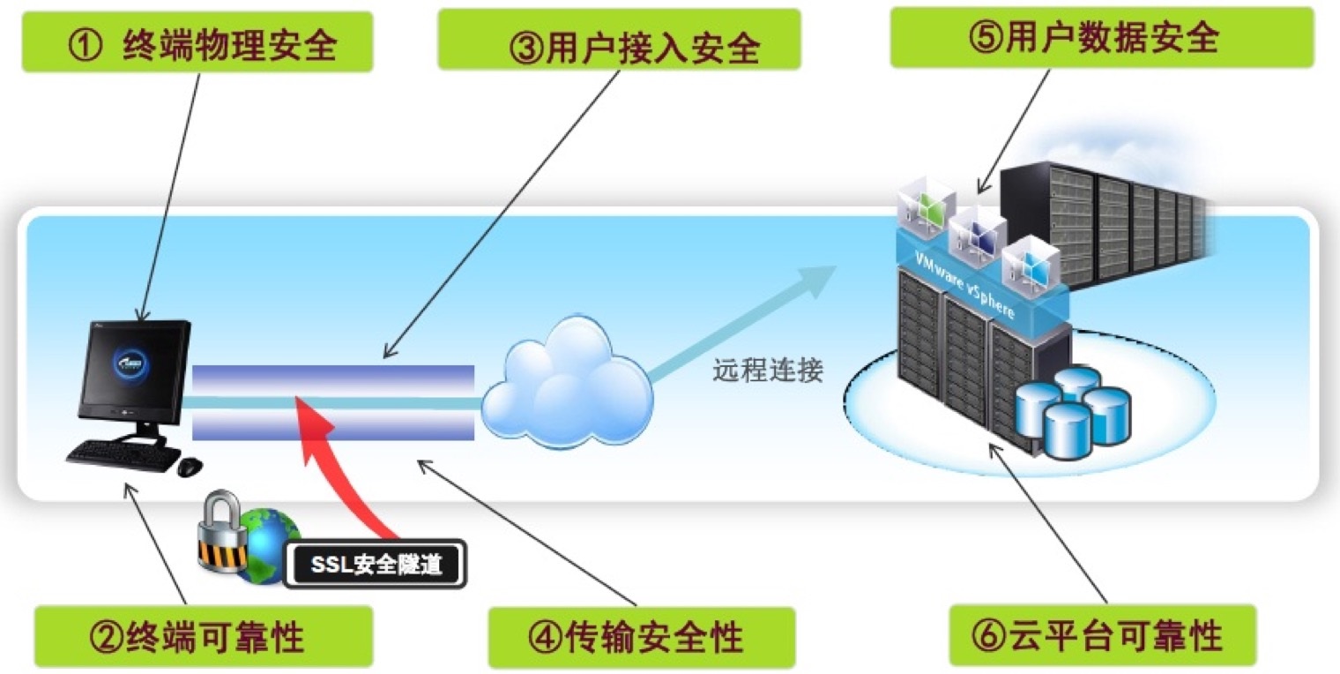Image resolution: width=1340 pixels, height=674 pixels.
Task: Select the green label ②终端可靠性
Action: [x=202, y=635]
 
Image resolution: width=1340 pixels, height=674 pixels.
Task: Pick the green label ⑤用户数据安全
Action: [x=1101, y=38]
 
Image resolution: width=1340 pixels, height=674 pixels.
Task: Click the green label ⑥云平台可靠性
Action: [x=1102, y=634]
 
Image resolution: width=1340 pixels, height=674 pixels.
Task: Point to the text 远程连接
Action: [x=767, y=371]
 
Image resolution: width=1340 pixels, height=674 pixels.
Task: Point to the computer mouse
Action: [x=190, y=467]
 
